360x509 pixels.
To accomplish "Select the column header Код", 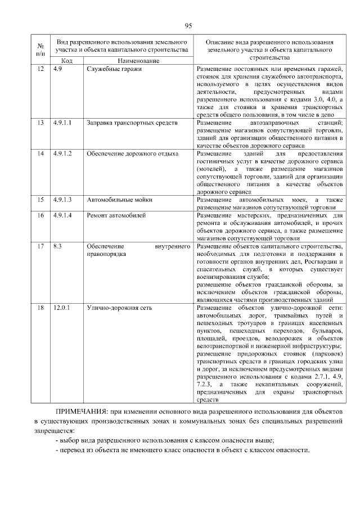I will pos(66,60).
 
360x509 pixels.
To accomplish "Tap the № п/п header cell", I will pos(40,49).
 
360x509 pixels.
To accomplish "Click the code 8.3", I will pos(57,246).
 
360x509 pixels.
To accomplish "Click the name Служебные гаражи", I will pos(114,69).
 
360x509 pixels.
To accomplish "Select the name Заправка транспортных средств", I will pos(132,123).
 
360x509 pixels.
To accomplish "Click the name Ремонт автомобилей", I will pos(116,215).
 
